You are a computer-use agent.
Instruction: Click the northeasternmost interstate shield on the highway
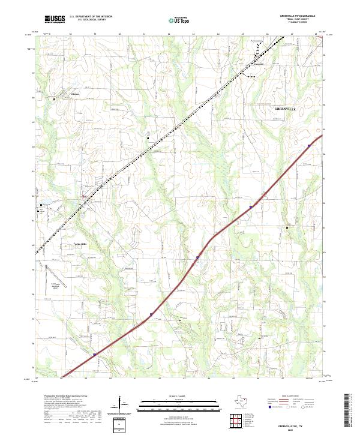(309, 145)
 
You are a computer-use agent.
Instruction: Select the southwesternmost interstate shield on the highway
(94, 355)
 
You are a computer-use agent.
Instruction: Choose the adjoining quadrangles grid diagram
(235, 422)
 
